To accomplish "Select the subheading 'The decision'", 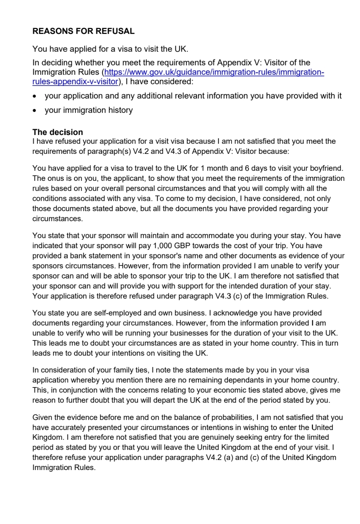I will pos(58,132).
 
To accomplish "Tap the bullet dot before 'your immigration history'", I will pos(35,111).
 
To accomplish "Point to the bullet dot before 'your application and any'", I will pos(35,96).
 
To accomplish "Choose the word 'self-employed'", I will pos(116,313).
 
